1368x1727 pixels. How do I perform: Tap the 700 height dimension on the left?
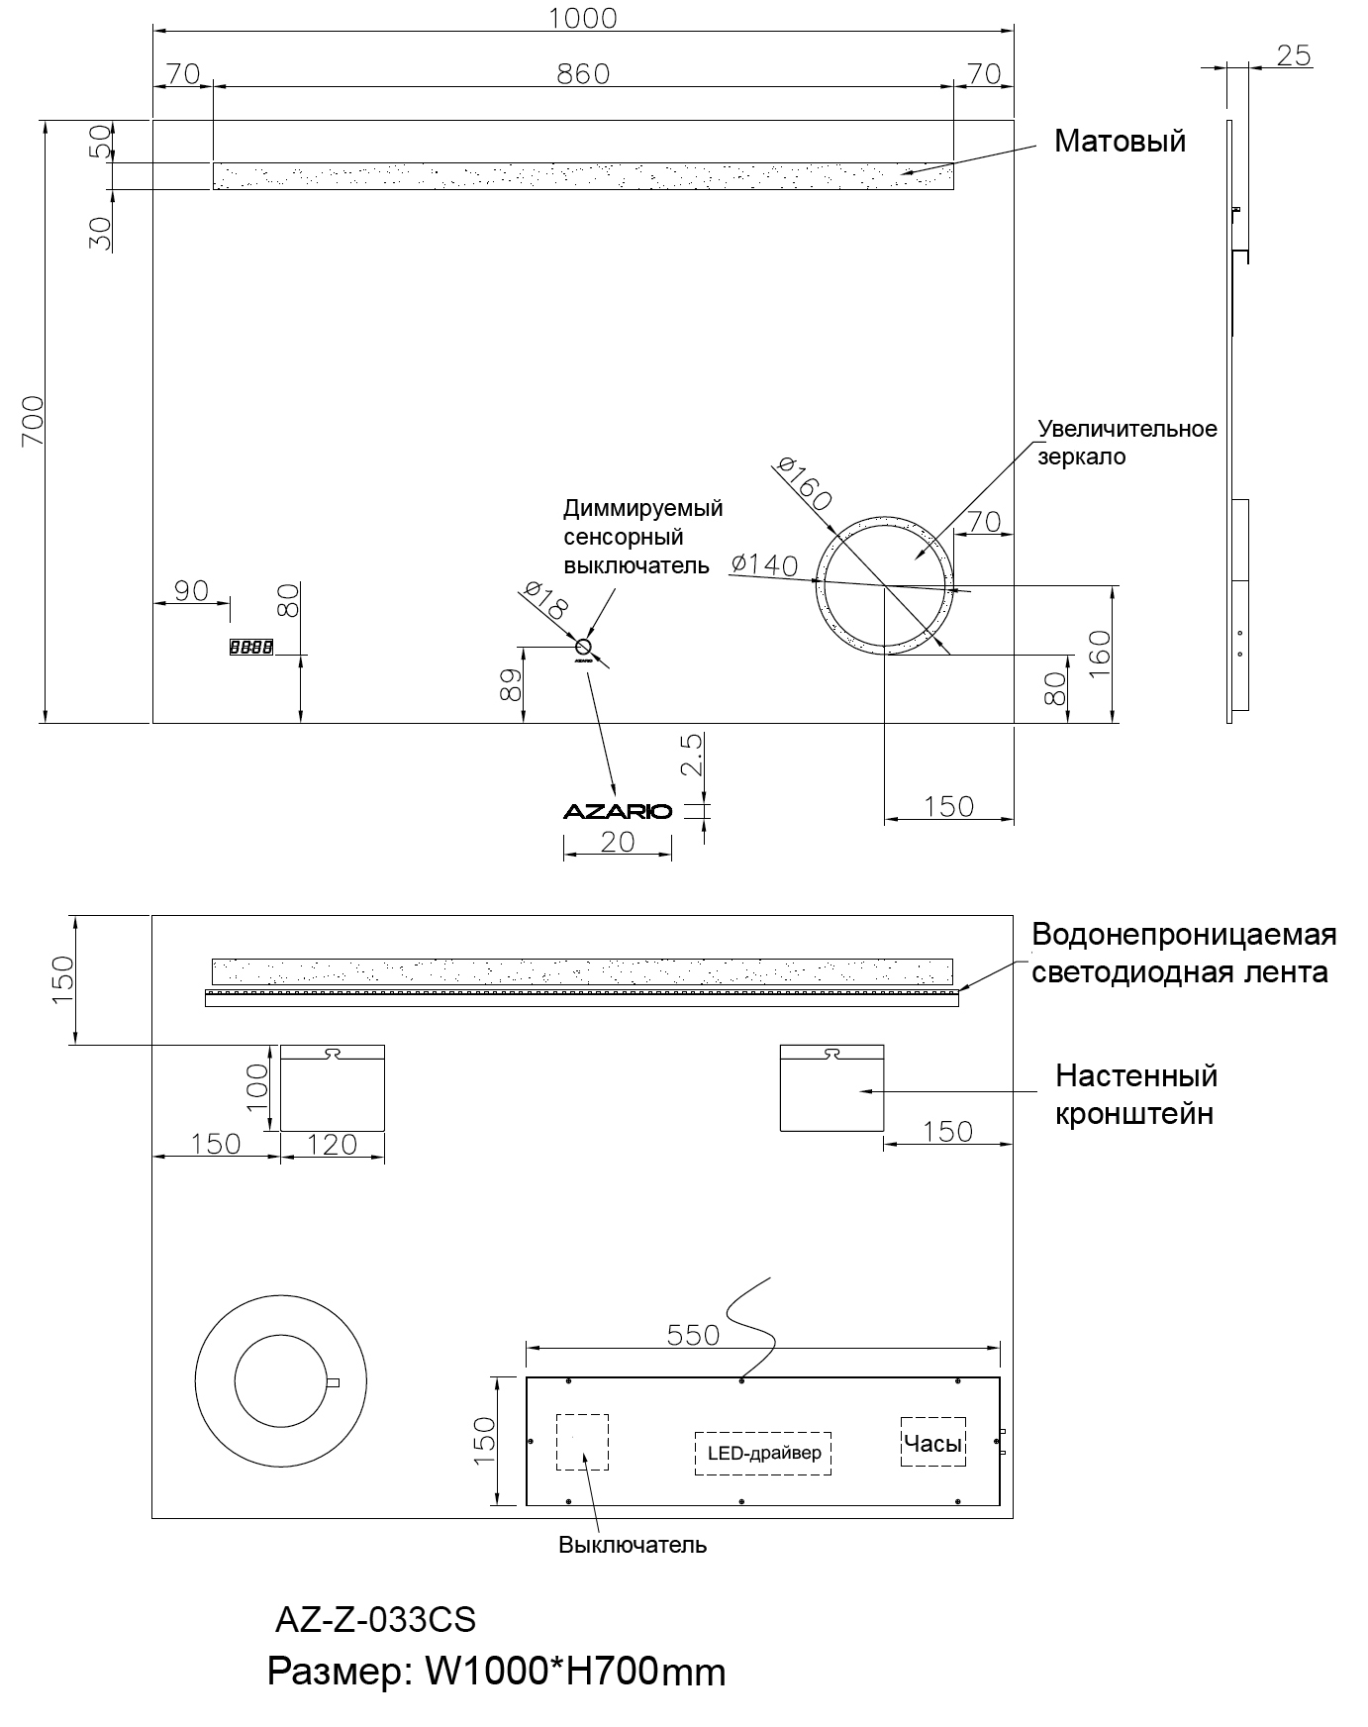[x=33, y=420]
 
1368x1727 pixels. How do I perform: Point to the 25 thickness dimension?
[x=1293, y=56]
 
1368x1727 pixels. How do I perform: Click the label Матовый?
[x=1120, y=142]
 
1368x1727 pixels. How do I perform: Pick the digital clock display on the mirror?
[x=250, y=648]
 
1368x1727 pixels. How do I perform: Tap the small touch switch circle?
[x=583, y=648]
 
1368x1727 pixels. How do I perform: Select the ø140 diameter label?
[x=764, y=564]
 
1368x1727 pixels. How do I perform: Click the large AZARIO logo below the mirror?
[x=618, y=812]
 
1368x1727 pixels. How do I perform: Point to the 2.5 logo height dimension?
[x=692, y=754]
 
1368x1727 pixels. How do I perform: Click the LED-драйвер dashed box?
[x=763, y=1454]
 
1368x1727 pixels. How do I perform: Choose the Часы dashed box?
[x=932, y=1443]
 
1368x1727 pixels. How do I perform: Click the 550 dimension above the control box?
[x=693, y=1335]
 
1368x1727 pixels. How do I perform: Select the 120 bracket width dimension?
[x=332, y=1145]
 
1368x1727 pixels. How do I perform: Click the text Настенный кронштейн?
[x=1135, y=1094]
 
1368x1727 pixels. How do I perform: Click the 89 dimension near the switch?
[x=511, y=684]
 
